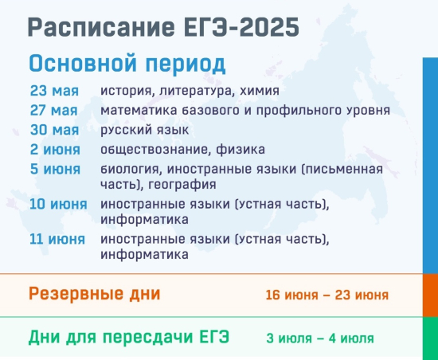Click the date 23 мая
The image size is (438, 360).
pos(54,91)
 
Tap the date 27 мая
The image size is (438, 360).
pos(53,111)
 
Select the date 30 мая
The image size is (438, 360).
pos(54,130)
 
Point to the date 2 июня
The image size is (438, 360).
pos(55,150)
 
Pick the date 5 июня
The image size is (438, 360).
pos(55,169)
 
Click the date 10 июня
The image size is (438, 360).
pos(58,204)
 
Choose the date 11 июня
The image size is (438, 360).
pos(57,240)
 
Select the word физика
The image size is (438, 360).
pos(241,150)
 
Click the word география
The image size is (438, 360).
pos(182,185)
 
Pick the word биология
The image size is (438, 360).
pos(131,169)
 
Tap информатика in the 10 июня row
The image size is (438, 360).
pos(144,220)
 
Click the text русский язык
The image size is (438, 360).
pos(144,131)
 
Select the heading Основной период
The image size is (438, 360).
pos(127,64)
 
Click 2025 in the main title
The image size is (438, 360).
pos(269,27)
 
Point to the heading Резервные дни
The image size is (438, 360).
pos(95,294)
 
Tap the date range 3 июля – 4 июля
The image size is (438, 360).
pos(320,338)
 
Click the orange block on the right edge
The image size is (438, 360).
pos(430,295)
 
